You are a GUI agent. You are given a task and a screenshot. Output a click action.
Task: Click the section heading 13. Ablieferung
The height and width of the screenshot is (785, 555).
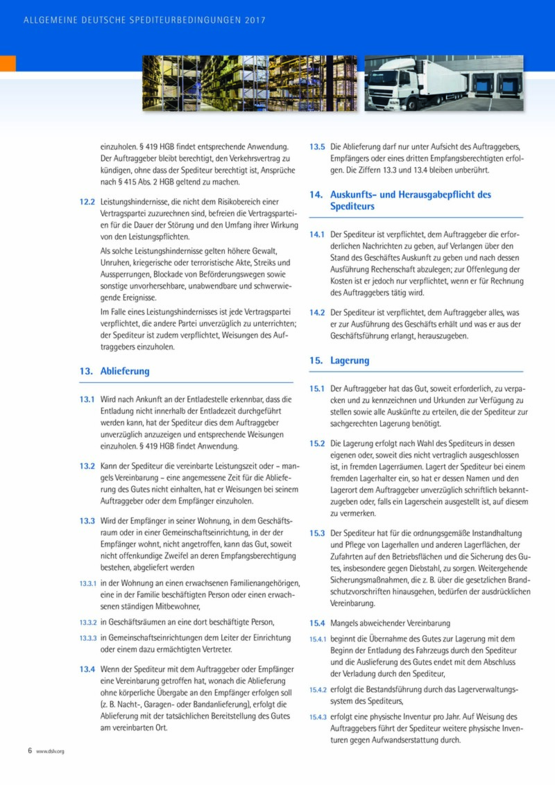(114, 371)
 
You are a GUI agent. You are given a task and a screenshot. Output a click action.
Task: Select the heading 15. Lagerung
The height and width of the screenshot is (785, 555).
(340, 361)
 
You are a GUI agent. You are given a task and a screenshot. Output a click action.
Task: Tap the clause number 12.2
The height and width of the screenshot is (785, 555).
(87, 202)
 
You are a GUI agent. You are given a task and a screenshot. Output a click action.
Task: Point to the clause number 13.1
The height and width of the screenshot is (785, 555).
(87, 399)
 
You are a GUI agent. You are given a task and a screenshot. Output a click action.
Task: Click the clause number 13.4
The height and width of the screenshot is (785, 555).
(87, 669)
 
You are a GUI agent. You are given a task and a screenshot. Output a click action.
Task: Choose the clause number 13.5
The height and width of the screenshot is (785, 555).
(317, 147)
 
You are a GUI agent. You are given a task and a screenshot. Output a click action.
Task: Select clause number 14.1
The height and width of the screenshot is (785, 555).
(317, 234)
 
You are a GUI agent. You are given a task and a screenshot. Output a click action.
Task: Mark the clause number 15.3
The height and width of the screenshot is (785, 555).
(317, 533)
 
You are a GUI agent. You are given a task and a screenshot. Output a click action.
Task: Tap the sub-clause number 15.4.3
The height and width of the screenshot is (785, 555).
(318, 717)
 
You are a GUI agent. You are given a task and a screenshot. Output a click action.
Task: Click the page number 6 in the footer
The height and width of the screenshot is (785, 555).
(30, 750)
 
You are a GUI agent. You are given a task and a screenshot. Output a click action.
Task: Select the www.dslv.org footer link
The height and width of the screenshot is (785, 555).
(50, 751)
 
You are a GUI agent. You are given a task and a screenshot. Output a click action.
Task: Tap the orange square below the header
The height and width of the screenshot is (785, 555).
(8, 63)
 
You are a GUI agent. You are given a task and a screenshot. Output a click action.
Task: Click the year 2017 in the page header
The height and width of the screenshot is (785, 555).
(255, 21)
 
